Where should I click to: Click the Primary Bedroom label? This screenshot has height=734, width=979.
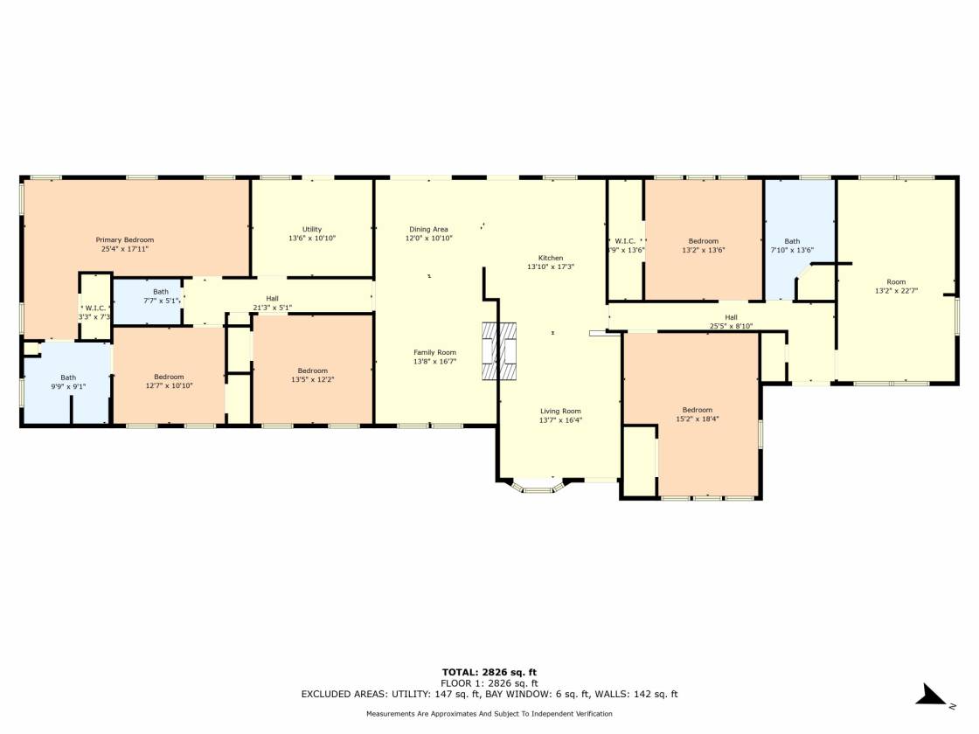[125, 239]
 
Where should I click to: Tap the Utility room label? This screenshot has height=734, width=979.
[312, 229]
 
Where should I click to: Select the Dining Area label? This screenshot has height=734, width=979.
[428, 229]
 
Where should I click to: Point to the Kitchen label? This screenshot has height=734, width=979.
[551, 258]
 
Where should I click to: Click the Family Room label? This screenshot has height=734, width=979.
[434, 352]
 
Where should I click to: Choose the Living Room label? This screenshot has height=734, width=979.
[560, 411]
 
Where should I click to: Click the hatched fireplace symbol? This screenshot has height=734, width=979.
[499, 350]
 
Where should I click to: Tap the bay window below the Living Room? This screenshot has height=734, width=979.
[537, 486]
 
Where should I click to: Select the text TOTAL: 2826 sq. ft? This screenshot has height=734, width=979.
[489, 672]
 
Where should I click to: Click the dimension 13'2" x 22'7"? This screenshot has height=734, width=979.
[896, 290]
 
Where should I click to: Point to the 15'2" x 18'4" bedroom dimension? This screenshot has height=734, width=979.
[698, 419]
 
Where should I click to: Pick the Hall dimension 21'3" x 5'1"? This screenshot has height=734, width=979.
[272, 307]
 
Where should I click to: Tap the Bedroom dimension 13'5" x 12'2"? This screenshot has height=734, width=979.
[313, 379]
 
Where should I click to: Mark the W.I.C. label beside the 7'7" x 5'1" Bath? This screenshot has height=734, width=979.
[95, 308]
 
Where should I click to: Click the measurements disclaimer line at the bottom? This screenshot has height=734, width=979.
[489, 713]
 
